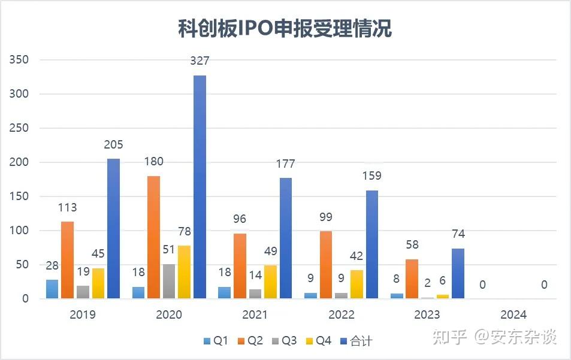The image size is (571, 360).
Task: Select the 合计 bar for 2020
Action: click(x=200, y=187)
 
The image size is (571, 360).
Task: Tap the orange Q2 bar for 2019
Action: click(x=68, y=260)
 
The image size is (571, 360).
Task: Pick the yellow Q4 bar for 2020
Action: click(x=184, y=272)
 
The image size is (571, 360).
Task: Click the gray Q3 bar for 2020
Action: click(x=169, y=281)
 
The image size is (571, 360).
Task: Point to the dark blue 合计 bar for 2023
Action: click(x=458, y=273)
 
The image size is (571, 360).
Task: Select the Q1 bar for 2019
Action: click(x=52, y=289)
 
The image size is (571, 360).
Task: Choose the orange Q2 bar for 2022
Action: click(x=327, y=265)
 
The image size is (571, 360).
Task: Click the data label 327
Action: click(x=200, y=61)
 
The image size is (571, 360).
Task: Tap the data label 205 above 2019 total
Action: click(x=113, y=144)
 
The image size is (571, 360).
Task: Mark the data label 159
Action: click(x=371, y=176)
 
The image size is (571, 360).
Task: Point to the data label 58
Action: click(x=412, y=245)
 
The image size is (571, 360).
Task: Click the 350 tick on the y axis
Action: click(x=19, y=60)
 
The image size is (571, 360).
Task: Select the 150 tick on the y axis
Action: click(x=19, y=196)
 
